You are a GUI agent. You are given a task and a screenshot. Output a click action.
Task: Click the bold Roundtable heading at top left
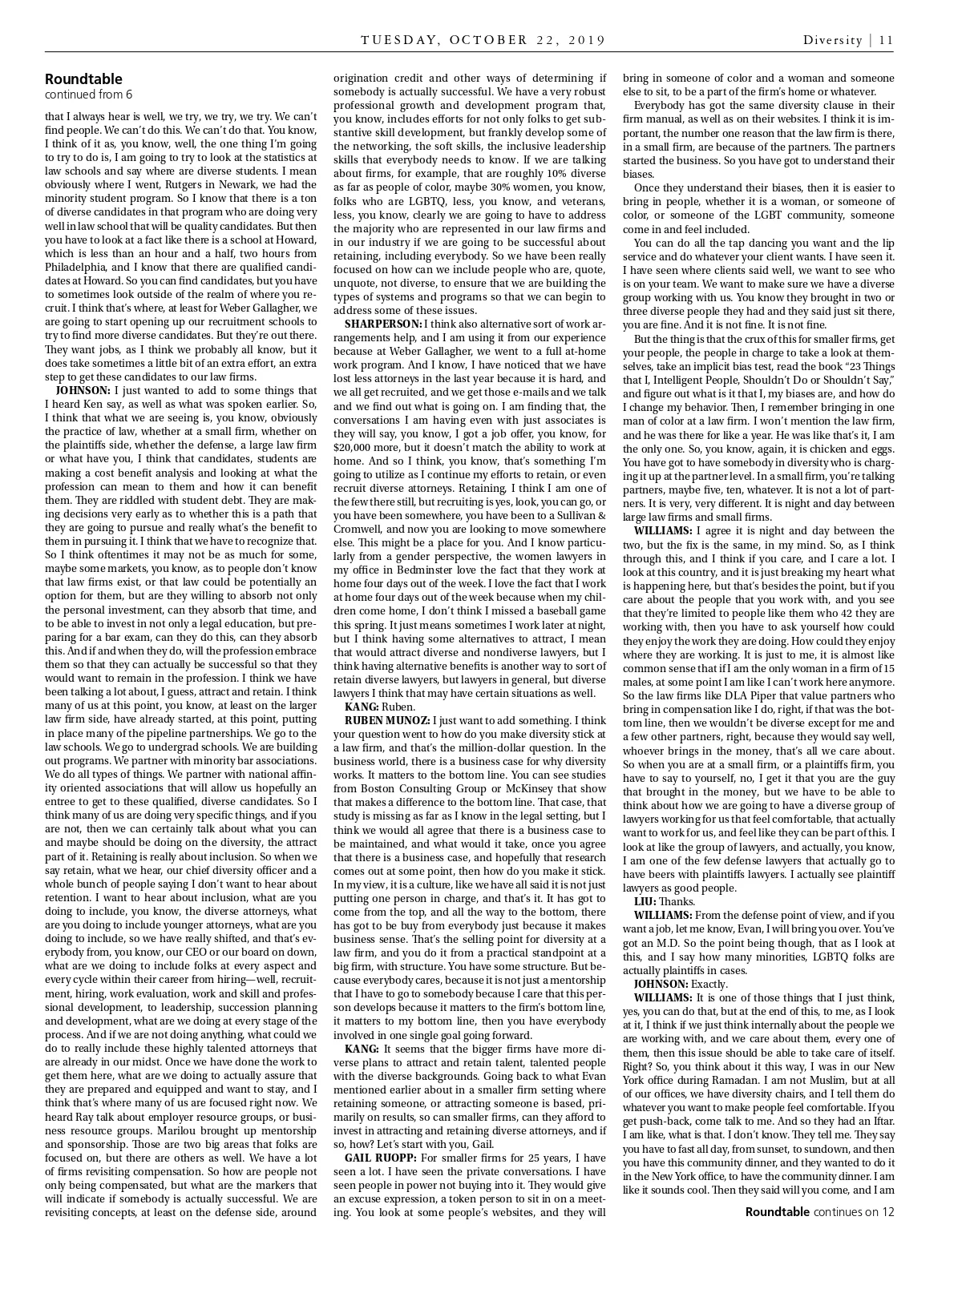point(83,79)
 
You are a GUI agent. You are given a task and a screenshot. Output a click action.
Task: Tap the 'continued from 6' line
point(88,94)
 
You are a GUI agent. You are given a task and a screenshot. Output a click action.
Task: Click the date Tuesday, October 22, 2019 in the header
point(483,40)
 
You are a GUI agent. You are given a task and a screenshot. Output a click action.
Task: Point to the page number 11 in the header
point(886,40)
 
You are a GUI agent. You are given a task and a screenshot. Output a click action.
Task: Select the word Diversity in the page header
point(833,40)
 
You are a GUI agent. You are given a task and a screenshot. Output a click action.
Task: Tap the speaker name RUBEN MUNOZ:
point(382,720)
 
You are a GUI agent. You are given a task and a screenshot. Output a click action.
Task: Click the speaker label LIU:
point(645,901)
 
